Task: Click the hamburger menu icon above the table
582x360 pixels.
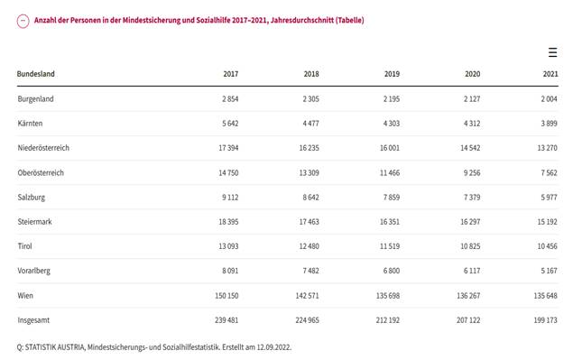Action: click(552, 52)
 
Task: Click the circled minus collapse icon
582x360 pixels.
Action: click(23, 21)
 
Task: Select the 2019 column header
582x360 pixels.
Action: click(392, 74)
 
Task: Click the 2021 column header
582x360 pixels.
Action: click(550, 74)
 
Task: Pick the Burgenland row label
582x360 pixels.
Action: click(35, 98)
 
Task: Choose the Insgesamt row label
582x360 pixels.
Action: click(35, 319)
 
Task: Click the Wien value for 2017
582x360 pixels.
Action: click(226, 295)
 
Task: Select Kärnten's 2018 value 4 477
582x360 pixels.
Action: click(309, 123)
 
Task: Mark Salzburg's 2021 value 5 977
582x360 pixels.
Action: click(548, 197)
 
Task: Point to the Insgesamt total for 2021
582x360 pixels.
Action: click(544, 319)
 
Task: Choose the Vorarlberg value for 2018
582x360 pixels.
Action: click(309, 270)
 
